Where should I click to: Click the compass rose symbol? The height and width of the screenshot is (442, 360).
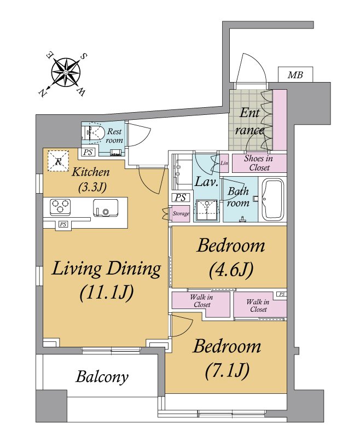[66, 73]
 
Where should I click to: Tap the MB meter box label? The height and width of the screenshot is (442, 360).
[295, 75]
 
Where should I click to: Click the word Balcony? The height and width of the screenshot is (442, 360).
[102, 376]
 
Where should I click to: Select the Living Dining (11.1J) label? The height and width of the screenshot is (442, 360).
[106, 281]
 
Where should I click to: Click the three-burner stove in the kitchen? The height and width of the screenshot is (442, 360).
[60, 207]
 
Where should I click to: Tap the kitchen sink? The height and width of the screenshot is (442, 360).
[106, 207]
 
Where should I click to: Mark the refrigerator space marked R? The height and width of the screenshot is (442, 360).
[58, 161]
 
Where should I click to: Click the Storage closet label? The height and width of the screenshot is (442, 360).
[181, 213]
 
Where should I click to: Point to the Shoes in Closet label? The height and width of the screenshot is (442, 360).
[259, 163]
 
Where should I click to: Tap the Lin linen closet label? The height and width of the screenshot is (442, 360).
[224, 163]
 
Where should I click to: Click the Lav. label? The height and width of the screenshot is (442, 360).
[207, 182]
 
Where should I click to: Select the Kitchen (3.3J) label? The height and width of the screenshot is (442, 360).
[91, 179]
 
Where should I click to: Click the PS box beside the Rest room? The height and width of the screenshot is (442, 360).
[88, 152]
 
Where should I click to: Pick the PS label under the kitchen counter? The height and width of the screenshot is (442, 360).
[63, 224]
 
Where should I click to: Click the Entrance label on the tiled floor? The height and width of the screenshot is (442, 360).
[250, 121]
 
